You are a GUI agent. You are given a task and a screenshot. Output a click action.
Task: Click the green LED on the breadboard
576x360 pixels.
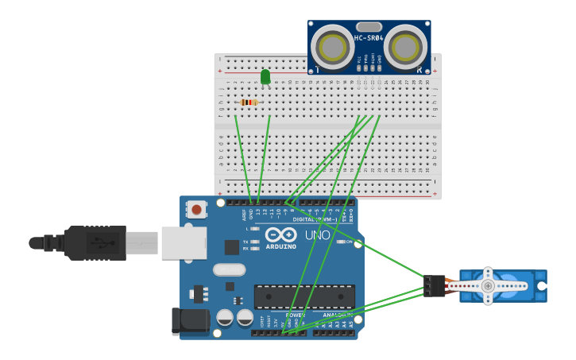tap(265, 76)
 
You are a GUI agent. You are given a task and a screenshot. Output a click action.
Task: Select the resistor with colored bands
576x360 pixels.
tap(249, 103)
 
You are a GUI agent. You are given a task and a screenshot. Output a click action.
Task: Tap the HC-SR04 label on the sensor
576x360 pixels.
tap(369, 38)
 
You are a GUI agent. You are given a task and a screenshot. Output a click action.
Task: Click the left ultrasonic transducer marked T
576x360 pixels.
tap(332, 48)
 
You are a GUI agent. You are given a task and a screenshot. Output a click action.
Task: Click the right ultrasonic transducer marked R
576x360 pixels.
tap(406, 48)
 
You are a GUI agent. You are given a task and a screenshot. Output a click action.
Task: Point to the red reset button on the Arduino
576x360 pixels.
tap(195, 210)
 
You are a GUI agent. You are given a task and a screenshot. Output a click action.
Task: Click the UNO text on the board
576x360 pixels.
tap(318, 236)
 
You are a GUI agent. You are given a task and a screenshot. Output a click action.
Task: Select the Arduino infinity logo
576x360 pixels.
tap(281, 235)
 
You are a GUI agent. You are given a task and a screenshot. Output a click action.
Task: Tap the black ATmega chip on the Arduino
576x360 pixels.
tap(304, 296)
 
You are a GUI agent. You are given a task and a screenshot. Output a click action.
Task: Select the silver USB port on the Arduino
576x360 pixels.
tap(184, 242)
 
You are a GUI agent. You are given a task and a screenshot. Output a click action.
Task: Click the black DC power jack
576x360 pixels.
tap(191, 321)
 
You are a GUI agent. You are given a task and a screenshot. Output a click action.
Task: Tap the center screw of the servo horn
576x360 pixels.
tap(488, 285)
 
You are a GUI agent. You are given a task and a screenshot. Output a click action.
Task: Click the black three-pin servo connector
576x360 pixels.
tap(435, 286)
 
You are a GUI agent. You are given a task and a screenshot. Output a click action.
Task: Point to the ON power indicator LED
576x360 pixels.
tap(341, 242)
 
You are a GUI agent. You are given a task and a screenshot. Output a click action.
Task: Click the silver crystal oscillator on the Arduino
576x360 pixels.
tap(229, 270)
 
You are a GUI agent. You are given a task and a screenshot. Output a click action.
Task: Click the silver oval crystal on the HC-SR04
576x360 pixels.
tap(369, 27)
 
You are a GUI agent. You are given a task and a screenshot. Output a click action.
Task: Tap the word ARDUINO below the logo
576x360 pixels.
tap(281, 246)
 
